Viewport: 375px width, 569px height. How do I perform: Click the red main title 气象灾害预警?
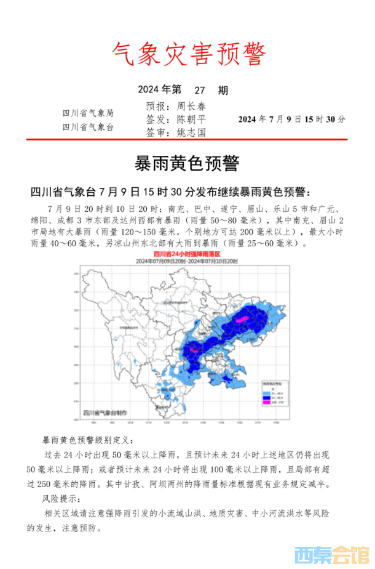(x=189, y=55)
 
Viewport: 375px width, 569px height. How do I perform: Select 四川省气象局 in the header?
(x=88, y=113)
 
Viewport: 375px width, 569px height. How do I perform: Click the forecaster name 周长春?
(x=191, y=106)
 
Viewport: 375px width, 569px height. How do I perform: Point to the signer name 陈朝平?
(x=191, y=119)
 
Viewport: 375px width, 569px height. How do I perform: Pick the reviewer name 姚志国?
(x=191, y=132)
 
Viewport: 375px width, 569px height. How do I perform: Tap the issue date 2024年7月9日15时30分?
(x=291, y=119)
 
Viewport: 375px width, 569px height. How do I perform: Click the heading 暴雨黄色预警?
(x=186, y=163)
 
